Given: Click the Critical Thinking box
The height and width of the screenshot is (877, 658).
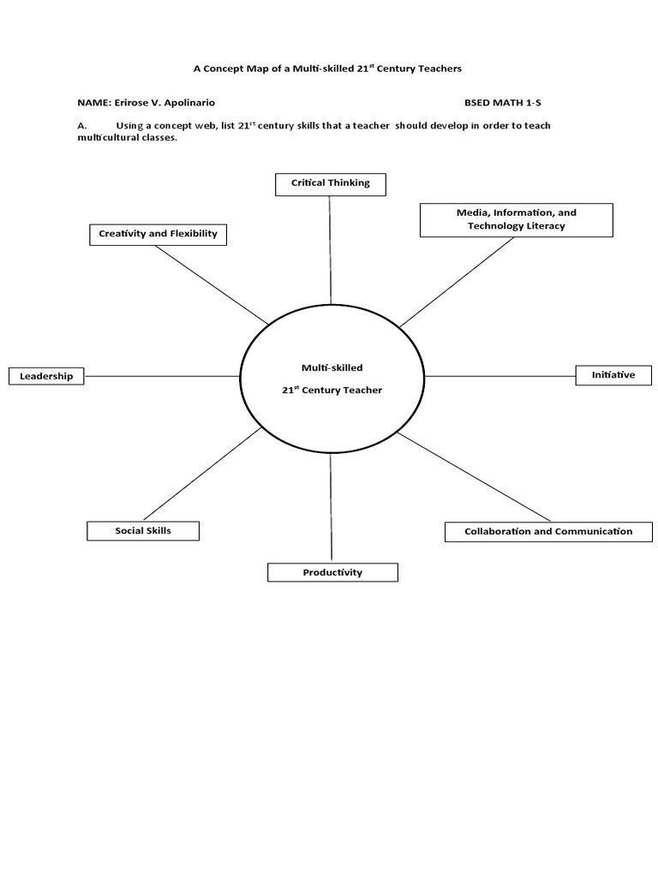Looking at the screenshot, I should click(x=330, y=183).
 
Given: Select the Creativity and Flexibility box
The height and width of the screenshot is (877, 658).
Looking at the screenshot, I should click(x=158, y=234).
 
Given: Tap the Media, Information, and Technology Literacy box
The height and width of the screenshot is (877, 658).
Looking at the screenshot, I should click(x=516, y=219).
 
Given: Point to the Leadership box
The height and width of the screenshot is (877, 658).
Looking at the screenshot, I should click(x=46, y=376).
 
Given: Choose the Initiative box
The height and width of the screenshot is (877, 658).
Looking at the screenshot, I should click(x=613, y=375).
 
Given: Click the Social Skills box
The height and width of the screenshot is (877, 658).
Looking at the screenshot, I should click(x=143, y=531).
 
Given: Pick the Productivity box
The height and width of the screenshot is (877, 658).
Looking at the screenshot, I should click(x=332, y=572).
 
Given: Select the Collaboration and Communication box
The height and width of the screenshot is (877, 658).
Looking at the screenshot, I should click(x=548, y=532).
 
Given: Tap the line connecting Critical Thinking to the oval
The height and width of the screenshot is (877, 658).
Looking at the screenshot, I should click(x=330, y=248).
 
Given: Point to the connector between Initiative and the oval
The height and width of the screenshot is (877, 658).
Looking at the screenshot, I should click(x=499, y=376).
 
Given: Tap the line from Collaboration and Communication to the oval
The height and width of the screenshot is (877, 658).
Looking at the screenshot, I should click(x=474, y=476).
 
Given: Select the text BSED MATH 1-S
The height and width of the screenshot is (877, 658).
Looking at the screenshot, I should click(x=503, y=102).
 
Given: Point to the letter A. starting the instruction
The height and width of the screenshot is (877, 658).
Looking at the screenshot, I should click(x=81, y=126).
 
